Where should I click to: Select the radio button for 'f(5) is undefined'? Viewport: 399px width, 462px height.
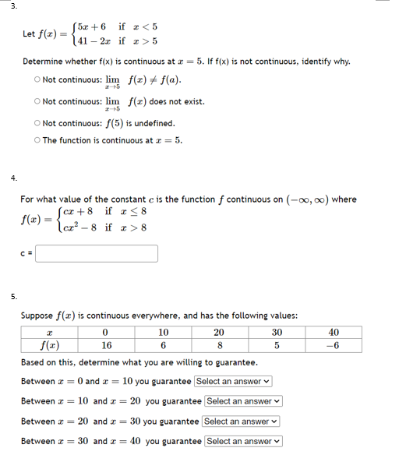coord(37,123)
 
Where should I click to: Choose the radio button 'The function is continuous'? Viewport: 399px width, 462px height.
coord(37,140)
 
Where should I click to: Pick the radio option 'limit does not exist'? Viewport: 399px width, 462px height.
coord(37,101)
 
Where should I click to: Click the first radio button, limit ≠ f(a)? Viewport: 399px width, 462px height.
coord(37,79)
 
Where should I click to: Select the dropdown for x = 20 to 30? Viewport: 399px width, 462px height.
coord(242,421)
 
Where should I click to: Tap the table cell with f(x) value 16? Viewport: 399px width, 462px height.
coord(106,346)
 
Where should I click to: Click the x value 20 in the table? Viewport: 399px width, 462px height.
coord(221,332)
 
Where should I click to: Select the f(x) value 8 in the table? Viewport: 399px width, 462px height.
coord(221,346)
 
